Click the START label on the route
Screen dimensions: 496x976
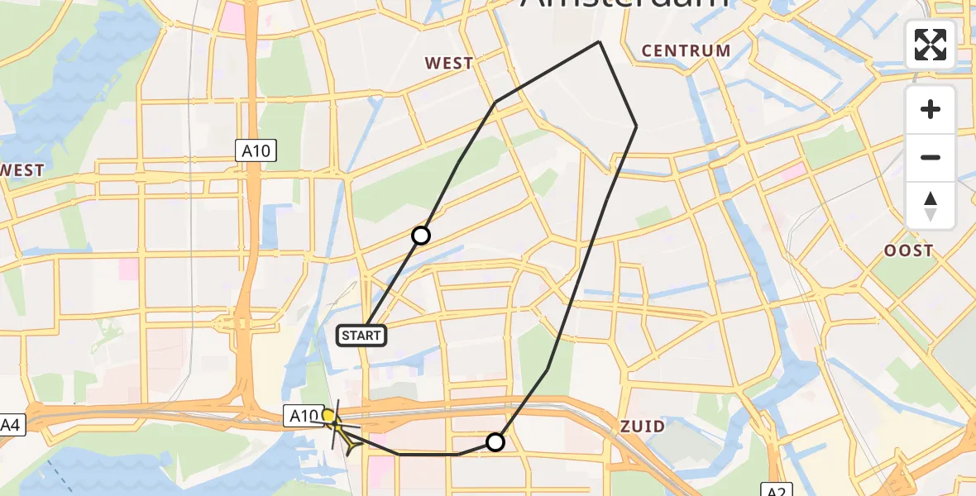coord(361,335)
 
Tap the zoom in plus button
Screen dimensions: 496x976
coord(931,110)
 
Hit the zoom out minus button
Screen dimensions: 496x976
coord(931,158)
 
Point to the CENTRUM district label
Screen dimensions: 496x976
coord(686,50)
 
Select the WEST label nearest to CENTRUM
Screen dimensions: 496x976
coord(449,63)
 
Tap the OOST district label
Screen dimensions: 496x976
coord(908,250)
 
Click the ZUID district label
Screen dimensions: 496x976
coord(643,427)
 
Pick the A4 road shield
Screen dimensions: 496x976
coord(10,426)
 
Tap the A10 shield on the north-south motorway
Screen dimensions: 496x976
coord(255,150)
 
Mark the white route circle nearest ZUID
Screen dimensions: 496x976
coord(495,442)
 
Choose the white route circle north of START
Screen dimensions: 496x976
coord(421,236)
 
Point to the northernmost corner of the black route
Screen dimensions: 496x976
coord(599,42)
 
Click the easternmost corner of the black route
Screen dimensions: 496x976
coord(636,126)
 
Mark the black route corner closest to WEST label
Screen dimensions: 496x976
coord(495,103)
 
